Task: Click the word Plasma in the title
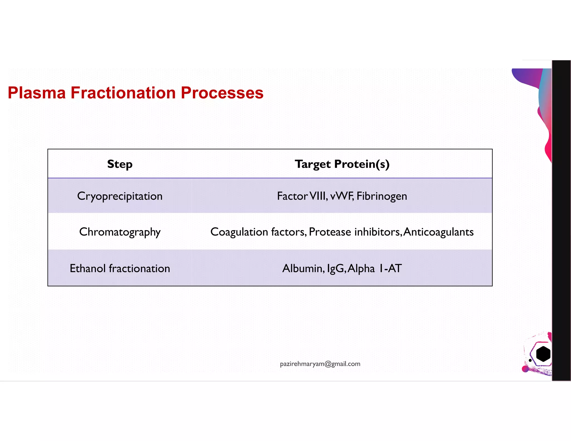(37, 93)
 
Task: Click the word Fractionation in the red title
(123, 93)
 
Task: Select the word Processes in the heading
(222, 93)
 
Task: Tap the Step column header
(120, 164)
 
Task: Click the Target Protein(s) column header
(342, 164)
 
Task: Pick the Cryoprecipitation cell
(120, 196)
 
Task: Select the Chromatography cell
(120, 232)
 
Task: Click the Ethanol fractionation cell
(120, 268)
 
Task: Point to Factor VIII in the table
(302, 196)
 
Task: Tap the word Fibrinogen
(382, 196)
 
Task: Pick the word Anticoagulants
(438, 232)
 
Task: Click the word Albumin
(303, 268)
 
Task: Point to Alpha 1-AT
(375, 268)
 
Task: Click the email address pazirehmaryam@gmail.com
(320, 364)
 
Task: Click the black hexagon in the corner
(543, 354)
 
